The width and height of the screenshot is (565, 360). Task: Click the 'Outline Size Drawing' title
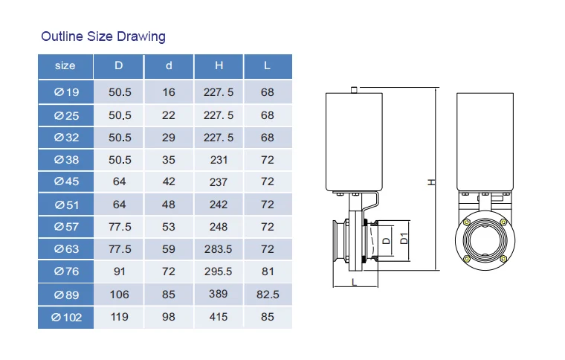point(103,36)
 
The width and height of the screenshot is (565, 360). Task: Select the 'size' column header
point(65,65)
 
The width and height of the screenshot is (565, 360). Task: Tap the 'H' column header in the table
point(219,65)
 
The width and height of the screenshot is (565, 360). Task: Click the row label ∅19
point(67,92)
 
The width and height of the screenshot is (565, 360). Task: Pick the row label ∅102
point(67,318)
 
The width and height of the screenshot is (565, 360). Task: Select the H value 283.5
point(219,249)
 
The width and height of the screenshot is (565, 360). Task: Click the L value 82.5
point(268,295)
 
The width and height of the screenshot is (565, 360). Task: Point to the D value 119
point(119,317)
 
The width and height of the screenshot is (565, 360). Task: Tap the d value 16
point(169,92)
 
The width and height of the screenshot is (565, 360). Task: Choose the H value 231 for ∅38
point(219,160)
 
